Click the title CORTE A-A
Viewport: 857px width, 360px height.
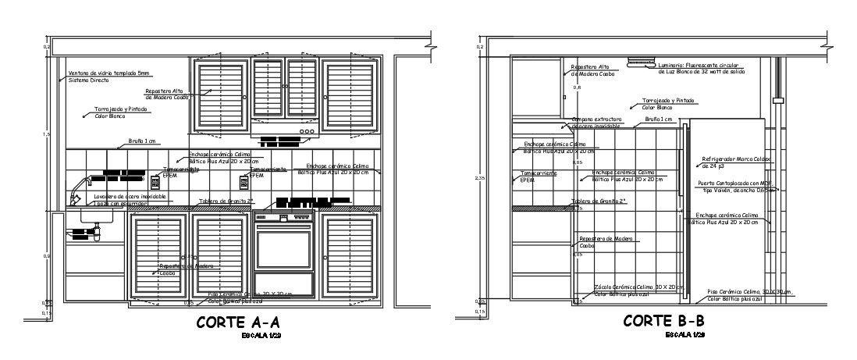pos(237,322)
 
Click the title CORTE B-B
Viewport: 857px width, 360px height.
pos(664,320)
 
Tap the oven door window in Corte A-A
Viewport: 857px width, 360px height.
pos(283,249)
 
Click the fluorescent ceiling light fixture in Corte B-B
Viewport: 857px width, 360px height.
pos(638,59)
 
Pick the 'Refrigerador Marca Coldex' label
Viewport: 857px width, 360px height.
pos(735,159)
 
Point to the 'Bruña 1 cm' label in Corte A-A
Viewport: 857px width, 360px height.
pos(142,142)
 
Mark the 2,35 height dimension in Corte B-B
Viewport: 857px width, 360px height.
pos(482,179)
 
